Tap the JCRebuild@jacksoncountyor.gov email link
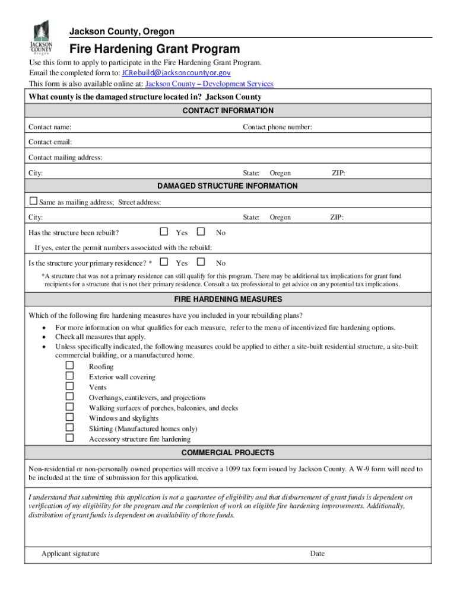(x=176, y=73)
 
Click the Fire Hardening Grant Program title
(x=155, y=49)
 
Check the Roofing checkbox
(x=69, y=366)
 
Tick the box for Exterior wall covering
(x=69, y=376)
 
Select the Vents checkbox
(x=69, y=386)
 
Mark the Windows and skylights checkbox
(x=69, y=417)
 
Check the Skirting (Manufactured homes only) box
(x=69, y=427)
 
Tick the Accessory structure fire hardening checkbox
(x=69, y=438)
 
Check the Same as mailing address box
(x=33, y=202)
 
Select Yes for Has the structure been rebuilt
(x=164, y=232)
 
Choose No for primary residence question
(x=201, y=262)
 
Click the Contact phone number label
(x=277, y=127)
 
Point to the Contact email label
(x=50, y=142)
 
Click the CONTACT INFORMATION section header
(x=228, y=111)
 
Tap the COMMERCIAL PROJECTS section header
(x=228, y=453)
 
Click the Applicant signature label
(x=71, y=554)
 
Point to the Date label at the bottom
(x=317, y=554)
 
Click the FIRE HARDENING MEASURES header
(x=228, y=299)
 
